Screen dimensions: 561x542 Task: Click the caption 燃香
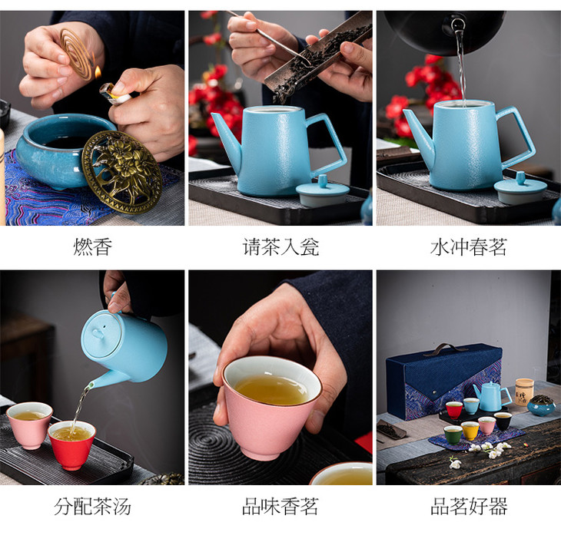coord(93,247)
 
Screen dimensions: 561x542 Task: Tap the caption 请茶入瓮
coord(280,247)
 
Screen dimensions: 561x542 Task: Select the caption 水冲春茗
coord(469,247)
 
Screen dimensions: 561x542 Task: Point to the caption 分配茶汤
coord(93,507)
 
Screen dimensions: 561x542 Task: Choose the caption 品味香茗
coord(280,507)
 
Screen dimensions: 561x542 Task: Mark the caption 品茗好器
coord(469,507)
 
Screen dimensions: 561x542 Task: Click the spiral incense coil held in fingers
coord(76,54)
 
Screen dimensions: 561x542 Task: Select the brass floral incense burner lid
coord(121,172)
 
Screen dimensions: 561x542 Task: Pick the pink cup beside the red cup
coord(30,425)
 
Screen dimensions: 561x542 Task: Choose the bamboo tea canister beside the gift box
coord(525,392)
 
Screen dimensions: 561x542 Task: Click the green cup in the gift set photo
coord(453,435)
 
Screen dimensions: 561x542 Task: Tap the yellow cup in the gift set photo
coord(470,431)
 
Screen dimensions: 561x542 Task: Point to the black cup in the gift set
coord(503,421)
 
